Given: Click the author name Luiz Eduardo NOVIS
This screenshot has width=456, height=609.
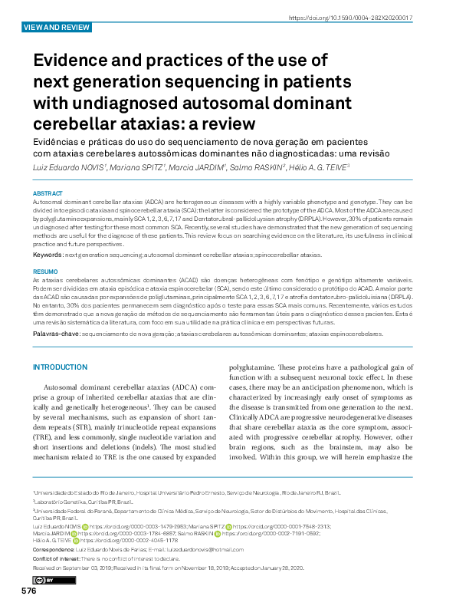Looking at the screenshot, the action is point(65,167).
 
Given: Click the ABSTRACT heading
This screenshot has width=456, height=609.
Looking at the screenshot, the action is point(48,193).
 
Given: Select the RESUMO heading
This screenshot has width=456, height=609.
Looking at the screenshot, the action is point(45,272).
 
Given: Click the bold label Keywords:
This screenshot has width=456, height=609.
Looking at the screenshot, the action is point(48,254).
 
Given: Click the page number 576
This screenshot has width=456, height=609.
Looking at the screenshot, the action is point(28,591).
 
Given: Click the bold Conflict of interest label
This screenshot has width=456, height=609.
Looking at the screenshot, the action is point(60,558).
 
